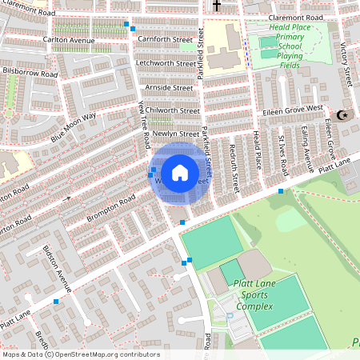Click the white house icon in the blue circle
point(180,173)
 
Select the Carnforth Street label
point(166,38)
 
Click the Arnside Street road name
point(169,87)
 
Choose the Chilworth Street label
point(170,110)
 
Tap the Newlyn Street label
point(175,134)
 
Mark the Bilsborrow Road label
point(30,72)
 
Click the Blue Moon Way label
point(73,127)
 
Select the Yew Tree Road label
point(145,124)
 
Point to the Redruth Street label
point(233,164)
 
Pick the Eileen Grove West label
point(294,108)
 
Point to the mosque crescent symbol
point(345,115)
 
